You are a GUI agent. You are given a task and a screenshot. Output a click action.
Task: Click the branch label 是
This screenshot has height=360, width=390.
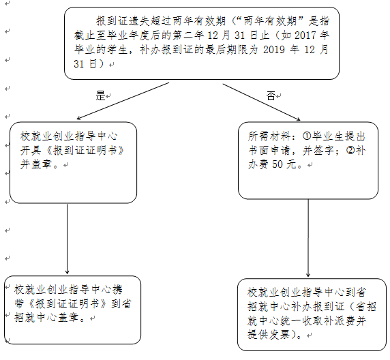pos(100,95)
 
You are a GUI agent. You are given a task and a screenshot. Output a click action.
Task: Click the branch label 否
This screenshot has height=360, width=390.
pos(271,95)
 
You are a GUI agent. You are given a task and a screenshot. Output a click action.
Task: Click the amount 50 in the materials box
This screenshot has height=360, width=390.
pos(277,164)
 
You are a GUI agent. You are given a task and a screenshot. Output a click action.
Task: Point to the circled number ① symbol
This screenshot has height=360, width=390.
pos(307,136)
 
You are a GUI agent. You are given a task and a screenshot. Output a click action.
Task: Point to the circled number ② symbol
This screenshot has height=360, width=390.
pos(350,150)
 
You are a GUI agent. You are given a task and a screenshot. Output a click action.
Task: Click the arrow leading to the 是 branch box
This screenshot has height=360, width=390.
pos(123,101)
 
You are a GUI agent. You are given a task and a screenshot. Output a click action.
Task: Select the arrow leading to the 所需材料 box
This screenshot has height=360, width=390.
pos(261,102)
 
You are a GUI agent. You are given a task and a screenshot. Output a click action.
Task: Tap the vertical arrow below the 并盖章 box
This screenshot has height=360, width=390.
pos(67,239)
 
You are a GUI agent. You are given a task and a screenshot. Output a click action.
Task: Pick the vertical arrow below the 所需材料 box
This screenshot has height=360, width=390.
pos(308,238)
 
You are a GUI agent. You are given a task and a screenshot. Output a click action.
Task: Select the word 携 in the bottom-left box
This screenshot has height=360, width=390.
pos(118,290)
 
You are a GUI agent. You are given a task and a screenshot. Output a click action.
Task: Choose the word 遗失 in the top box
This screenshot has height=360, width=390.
pos(140,21)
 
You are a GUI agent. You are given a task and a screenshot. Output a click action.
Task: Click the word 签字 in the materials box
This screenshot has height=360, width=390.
pos(324,150)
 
